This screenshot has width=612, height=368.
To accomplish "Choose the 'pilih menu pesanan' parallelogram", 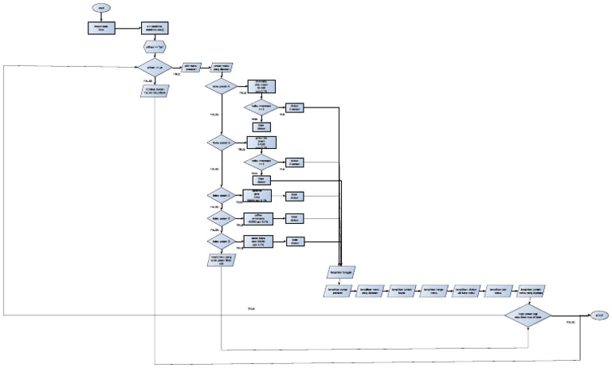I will [x=192, y=69].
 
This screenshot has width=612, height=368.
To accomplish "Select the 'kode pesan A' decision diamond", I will [x=222, y=85].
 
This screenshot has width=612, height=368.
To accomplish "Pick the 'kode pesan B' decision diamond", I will [x=222, y=143].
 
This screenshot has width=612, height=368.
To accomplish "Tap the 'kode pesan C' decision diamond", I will [x=222, y=195].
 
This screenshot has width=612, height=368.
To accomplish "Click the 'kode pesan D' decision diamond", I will [x=222, y=217].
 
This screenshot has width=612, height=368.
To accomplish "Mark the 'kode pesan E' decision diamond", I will [x=222, y=241].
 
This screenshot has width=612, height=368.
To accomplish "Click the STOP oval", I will [x=598, y=315].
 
